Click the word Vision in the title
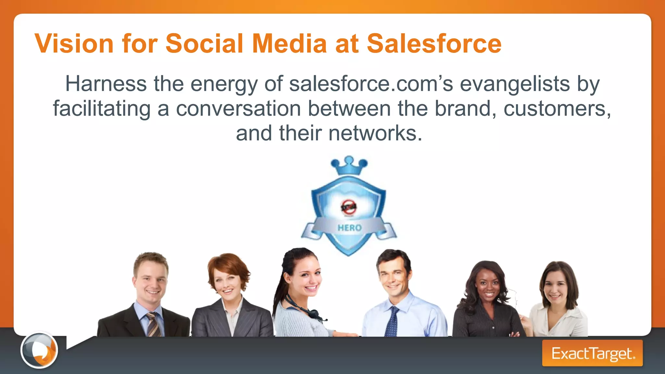tap(74, 44)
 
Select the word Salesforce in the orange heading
tap(434, 44)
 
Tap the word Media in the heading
tap(289, 44)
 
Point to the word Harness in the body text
tap(106, 84)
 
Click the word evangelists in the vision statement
tap(515, 84)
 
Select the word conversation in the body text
tap(238, 108)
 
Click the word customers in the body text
tap(557, 108)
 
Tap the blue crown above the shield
tap(349, 166)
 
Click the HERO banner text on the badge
tap(349, 228)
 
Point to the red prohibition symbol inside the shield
tap(349, 207)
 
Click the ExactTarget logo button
tap(592, 353)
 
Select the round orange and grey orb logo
tap(39, 350)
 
